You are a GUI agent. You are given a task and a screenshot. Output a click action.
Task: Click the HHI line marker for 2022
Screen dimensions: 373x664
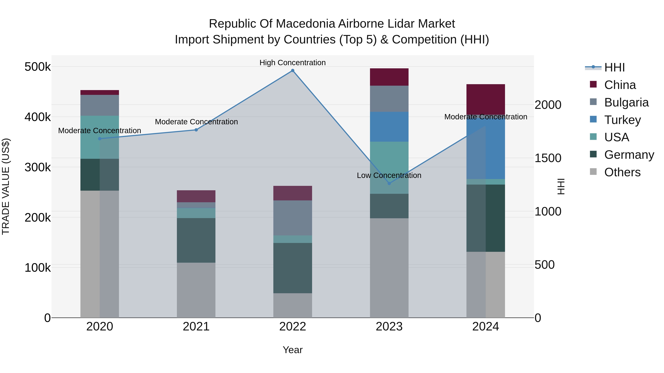[293, 71]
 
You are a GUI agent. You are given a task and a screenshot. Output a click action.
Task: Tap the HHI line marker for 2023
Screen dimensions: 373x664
[389, 183]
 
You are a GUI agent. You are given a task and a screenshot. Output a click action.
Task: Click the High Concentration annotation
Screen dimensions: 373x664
[293, 63]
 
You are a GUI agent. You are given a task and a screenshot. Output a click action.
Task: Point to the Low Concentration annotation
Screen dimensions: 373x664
[389, 175]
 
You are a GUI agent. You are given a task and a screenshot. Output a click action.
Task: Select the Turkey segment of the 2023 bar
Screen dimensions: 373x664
[389, 127]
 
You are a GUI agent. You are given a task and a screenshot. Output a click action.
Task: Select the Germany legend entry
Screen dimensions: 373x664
[629, 155]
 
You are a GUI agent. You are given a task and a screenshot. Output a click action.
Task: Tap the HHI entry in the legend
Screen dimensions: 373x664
[614, 67]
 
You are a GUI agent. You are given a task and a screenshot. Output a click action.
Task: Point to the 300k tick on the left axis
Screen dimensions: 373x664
[38, 167]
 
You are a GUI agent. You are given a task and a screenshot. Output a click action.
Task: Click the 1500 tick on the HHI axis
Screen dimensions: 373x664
[548, 158]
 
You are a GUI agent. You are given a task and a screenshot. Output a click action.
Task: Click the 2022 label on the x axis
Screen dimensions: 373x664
[293, 327]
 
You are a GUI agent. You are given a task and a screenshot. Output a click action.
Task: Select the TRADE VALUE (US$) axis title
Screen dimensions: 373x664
[6, 186]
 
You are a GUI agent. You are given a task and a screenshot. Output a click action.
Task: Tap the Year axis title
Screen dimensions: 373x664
[293, 350]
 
